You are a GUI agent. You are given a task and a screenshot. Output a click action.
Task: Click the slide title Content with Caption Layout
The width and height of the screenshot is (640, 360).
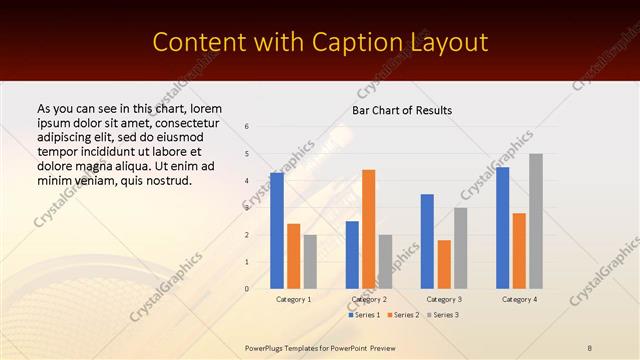click(320, 43)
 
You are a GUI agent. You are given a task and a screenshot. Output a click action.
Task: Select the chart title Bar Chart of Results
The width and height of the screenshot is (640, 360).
click(402, 110)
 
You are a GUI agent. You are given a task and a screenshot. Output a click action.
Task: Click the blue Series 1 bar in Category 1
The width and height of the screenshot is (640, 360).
click(276, 231)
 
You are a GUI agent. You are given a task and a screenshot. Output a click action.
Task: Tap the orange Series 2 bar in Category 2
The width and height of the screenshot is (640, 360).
click(369, 229)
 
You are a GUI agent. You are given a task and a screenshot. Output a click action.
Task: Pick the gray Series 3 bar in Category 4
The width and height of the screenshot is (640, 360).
click(536, 221)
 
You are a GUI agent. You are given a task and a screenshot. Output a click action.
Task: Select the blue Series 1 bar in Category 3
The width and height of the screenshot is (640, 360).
click(427, 241)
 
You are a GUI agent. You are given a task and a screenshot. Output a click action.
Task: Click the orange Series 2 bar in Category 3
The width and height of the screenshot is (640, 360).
click(444, 264)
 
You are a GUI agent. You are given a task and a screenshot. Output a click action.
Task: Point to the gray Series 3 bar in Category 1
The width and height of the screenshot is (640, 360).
click(310, 262)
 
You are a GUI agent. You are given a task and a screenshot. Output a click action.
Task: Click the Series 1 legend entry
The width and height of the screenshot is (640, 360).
click(365, 315)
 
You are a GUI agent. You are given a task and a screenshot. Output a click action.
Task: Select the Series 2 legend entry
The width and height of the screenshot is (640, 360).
click(403, 315)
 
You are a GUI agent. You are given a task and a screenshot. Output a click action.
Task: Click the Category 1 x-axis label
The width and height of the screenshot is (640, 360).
click(293, 299)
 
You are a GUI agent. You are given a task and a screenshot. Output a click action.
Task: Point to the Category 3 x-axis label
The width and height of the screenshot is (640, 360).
click(444, 299)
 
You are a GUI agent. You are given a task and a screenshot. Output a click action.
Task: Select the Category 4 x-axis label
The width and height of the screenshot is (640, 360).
click(519, 299)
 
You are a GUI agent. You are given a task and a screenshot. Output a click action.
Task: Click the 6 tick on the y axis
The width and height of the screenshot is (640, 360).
click(247, 127)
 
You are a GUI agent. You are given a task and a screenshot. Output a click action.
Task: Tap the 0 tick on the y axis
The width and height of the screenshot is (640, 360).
click(247, 289)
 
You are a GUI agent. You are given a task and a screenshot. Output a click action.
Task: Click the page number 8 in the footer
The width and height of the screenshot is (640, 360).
click(590, 347)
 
